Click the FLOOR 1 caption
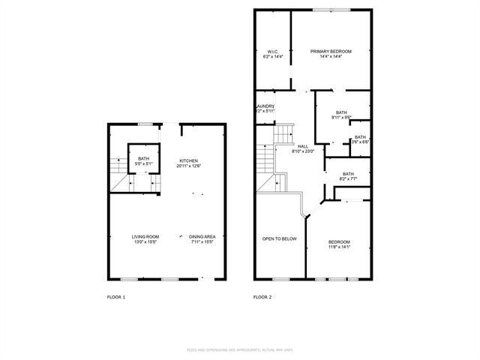(x=116, y=298)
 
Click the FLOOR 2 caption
(x=262, y=298)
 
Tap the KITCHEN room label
(x=188, y=160)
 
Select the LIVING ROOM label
(x=145, y=236)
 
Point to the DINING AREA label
(x=202, y=236)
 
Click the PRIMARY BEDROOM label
(x=331, y=51)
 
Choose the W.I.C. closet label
(x=271, y=51)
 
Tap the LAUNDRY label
(x=265, y=106)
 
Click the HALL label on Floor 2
(x=303, y=146)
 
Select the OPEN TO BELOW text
(x=279, y=239)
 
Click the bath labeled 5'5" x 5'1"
(x=142, y=158)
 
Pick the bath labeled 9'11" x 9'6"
(x=341, y=112)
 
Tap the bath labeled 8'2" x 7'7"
(x=348, y=174)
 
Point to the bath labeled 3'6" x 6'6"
(x=360, y=137)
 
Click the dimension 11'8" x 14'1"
(x=339, y=247)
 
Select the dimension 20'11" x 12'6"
(x=188, y=166)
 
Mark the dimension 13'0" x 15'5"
(x=145, y=241)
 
